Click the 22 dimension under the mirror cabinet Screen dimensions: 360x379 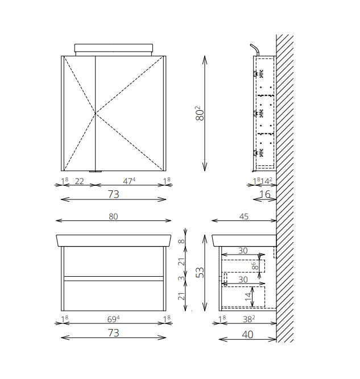tap(80, 181)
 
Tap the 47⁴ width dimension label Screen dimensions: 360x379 tap(129, 181)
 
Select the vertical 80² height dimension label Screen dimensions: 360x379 tap(200, 113)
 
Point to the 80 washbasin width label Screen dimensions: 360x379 tap(113, 216)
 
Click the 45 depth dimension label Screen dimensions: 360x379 tap(244, 216)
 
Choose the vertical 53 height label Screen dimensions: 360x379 tap(200, 272)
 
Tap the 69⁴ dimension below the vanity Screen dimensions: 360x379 tap(113, 319)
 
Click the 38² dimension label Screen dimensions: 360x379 tap(249, 319)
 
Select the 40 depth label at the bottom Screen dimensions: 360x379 tap(247, 335)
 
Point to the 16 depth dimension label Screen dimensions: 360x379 tap(264, 194)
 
